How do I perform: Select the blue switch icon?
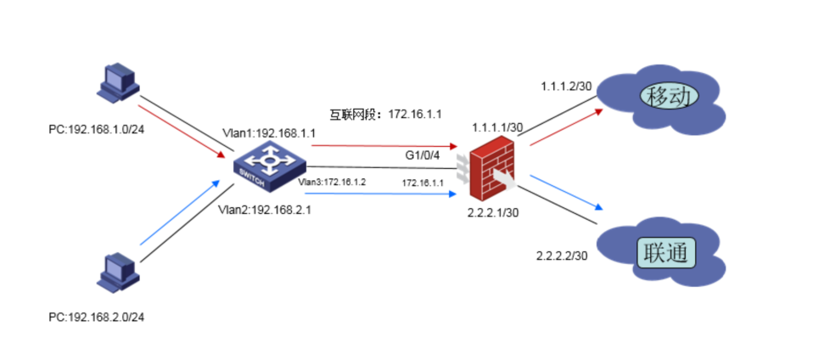coord(269,166)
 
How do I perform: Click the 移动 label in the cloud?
coord(670,95)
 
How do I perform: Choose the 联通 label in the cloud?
coord(665,253)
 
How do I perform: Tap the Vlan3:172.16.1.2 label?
coord(333,182)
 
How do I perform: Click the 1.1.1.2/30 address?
coord(566,87)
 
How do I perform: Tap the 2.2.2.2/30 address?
coord(562,256)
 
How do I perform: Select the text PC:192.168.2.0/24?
coord(96,317)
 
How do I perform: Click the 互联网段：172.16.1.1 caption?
coord(386,114)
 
